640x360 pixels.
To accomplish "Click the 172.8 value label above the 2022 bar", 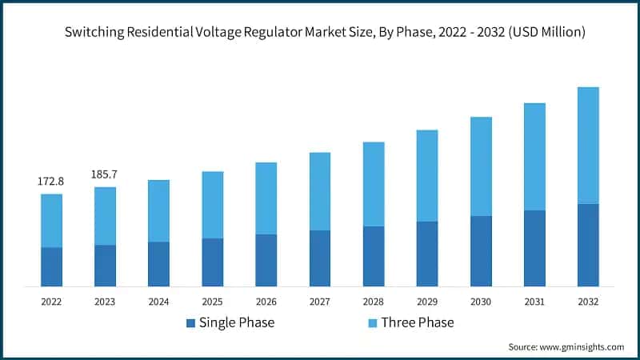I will pyautogui.click(x=51, y=182).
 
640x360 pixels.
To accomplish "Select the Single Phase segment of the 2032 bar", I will pyautogui.click(x=588, y=245).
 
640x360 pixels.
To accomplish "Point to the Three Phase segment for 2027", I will pyautogui.click(x=320, y=191).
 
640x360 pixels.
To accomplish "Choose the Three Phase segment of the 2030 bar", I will pyautogui.click(x=481, y=166).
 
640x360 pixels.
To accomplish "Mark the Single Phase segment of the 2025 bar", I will pyautogui.click(x=213, y=262).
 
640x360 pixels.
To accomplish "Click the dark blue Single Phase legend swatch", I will pyautogui.click(x=190, y=323).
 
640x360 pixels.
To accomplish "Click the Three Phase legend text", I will pyautogui.click(x=417, y=323).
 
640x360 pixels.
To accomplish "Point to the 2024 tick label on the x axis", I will pyautogui.click(x=158, y=302).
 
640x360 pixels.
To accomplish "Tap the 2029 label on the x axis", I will pyautogui.click(x=427, y=302).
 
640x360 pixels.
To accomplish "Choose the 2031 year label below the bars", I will pyautogui.click(x=534, y=302).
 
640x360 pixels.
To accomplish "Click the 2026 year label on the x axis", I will pyautogui.click(x=266, y=302).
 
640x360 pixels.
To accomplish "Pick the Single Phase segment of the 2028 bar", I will pyautogui.click(x=374, y=256).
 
